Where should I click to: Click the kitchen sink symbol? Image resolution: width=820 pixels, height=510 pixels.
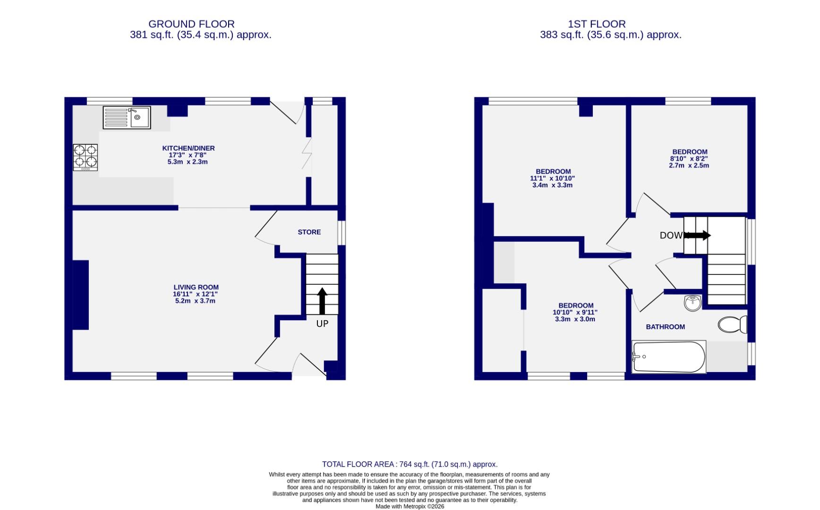point(127,118)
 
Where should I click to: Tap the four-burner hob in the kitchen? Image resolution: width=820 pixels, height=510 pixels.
point(85,157)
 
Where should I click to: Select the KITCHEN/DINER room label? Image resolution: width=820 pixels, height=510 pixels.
point(188,148)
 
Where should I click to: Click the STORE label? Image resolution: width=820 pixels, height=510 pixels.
point(309,232)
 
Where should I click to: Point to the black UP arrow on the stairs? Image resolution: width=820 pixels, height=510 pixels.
point(322,301)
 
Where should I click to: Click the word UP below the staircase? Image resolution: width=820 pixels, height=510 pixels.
point(322,323)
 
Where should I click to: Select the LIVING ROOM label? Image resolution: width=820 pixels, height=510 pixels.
point(196,287)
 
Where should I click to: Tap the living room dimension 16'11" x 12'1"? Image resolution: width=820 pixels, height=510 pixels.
point(195,294)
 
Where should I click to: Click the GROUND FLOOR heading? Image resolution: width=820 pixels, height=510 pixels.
point(191,24)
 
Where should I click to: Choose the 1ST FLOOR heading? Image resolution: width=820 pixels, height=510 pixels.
point(597,24)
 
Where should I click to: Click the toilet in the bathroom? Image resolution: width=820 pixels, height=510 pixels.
point(732,325)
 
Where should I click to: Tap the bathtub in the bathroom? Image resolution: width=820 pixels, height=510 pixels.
point(668,357)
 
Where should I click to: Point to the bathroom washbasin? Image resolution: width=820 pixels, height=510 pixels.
point(693,303)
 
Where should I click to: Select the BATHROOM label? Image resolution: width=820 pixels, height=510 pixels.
point(665,327)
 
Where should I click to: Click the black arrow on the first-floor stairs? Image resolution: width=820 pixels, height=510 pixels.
point(698,235)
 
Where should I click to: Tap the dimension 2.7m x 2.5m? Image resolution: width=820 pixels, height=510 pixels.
point(689,165)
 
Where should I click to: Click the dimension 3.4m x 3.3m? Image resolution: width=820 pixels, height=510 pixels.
point(552,185)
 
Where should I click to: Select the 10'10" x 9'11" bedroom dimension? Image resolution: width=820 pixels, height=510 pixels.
point(575,312)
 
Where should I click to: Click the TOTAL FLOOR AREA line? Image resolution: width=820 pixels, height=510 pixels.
point(410,464)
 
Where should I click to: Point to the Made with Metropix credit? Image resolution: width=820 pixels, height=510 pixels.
point(410,506)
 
